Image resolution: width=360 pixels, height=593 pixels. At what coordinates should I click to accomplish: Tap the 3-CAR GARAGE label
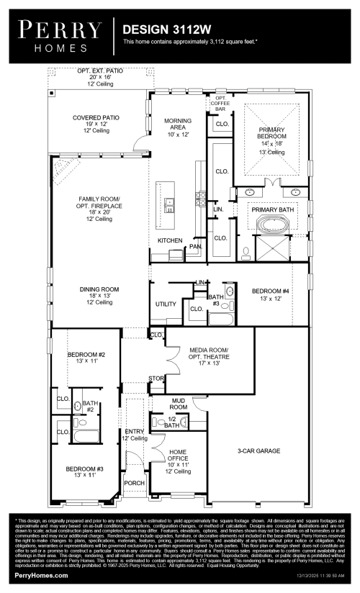point(258,451)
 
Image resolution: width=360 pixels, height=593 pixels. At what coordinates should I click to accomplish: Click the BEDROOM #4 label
point(271,294)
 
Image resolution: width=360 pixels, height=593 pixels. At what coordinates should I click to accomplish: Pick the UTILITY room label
point(166,304)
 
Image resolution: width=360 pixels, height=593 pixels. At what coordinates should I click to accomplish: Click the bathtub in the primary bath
point(271,226)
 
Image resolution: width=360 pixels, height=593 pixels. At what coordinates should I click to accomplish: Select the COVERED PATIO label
point(96,120)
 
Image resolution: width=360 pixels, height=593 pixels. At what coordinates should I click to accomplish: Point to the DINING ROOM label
point(99,294)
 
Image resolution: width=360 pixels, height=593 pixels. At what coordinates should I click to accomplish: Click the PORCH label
point(133,483)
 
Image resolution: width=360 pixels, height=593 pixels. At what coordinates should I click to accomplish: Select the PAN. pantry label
point(195,246)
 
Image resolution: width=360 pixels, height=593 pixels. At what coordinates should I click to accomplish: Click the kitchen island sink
point(170,204)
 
